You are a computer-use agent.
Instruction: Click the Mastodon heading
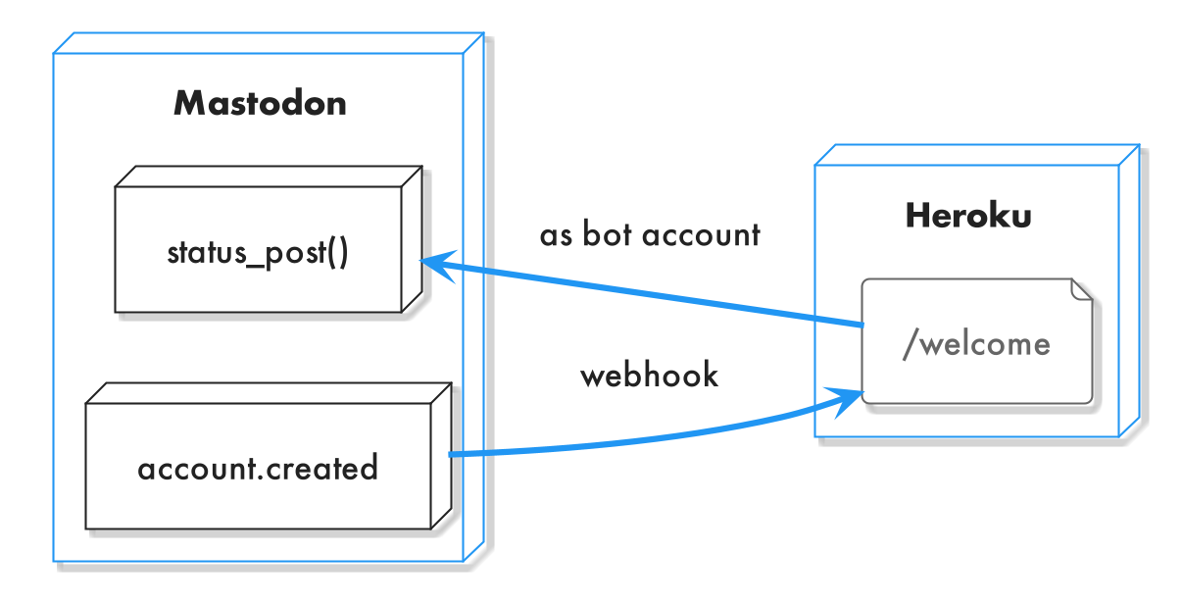260,104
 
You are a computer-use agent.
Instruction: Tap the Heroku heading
968,216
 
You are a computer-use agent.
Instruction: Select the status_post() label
258,253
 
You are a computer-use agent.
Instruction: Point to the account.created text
258,468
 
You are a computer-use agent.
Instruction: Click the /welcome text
977,344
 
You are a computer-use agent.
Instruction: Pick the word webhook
650,375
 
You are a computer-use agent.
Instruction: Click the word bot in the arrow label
607,233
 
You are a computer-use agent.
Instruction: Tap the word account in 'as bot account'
702,234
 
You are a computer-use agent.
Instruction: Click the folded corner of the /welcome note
1082,289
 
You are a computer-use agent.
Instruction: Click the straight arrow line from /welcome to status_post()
642,292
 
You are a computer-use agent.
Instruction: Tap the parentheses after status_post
338,253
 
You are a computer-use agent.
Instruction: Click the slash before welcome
911,344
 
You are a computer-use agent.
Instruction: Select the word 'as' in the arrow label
556,235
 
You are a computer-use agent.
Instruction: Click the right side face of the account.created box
441,456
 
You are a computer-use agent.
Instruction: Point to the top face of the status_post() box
269,176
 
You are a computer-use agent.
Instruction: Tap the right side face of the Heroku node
1129,290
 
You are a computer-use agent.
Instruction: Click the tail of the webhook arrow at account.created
451,454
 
